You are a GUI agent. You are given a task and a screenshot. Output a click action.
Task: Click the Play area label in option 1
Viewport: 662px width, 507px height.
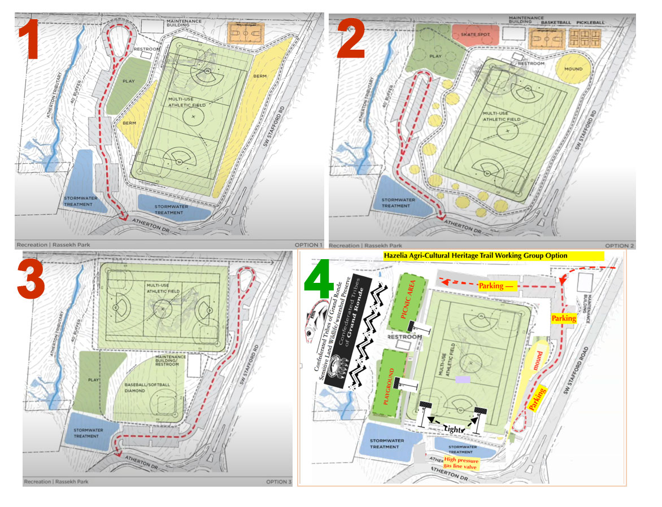[x=128, y=81]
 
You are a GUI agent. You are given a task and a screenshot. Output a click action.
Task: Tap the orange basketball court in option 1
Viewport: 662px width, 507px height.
[x=245, y=34]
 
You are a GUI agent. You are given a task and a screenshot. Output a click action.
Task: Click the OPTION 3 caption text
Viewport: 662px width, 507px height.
[x=278, y=482]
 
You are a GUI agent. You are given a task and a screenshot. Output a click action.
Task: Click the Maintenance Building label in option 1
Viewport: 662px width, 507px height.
[x=184, y=24]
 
